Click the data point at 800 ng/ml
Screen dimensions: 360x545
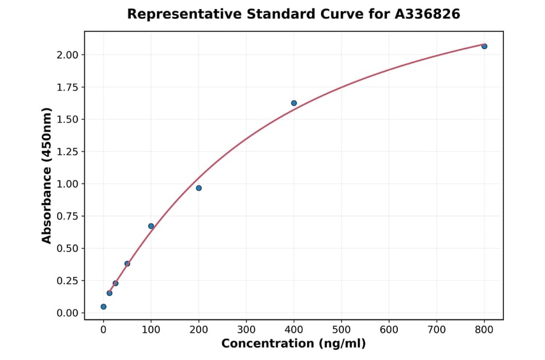(484, 46)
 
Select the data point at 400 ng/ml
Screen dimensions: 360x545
(294, 103)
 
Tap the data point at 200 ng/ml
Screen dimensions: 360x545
(199, 188)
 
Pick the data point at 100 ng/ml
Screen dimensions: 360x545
(151, 226)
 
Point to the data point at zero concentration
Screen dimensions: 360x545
(104, 307)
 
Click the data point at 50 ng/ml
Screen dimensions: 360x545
(127, 264)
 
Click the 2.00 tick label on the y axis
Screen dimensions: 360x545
(67, 55)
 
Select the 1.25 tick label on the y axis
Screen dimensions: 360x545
(67, 152)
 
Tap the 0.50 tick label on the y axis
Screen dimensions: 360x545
(67, 248)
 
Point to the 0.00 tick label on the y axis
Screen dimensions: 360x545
(67, 313)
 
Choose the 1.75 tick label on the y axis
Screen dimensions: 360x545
(67, 87)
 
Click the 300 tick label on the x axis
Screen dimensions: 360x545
(246, 330)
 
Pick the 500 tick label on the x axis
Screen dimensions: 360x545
(342, 330)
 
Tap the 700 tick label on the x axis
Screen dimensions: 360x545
(437, 330)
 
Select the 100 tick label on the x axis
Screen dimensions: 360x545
(151, 330)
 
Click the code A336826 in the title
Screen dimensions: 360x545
(428, 14)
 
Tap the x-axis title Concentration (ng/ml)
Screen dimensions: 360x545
(294, 344)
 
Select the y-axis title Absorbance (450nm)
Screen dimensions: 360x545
(47, 176)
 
